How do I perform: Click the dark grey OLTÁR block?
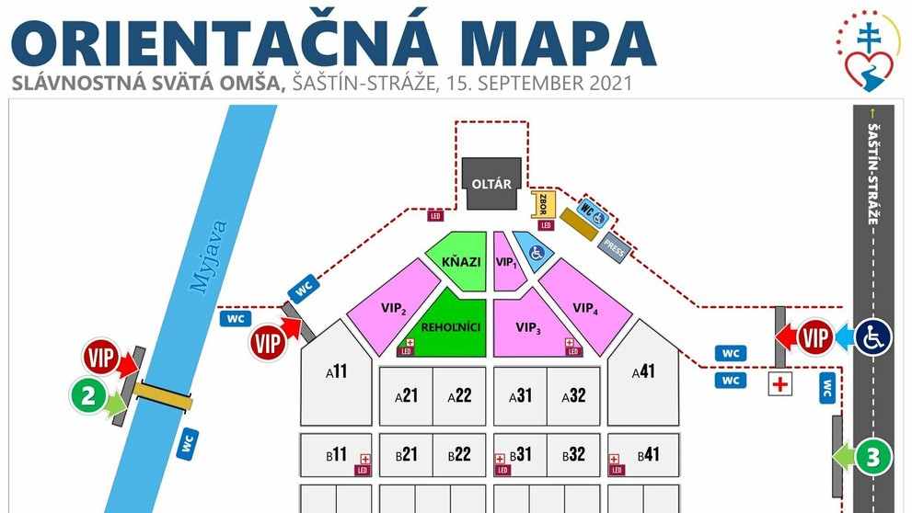[x=491, y=182]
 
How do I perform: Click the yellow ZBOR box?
[x=541, y=204]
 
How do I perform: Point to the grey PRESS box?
[x=614, y=246]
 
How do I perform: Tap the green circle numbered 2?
[x=88, y=396]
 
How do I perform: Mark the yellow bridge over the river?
[x=163, y=394]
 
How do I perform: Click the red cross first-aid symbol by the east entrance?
[x=780, y=383]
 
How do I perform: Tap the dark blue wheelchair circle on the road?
[x=872, y=337]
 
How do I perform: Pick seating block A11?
[x=336, y=371]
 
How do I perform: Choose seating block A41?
[x=643, y=371]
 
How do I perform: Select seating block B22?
[x=459, y=454]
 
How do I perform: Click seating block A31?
[x=520, y=395]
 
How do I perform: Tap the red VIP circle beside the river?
[x=103, y=357]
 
